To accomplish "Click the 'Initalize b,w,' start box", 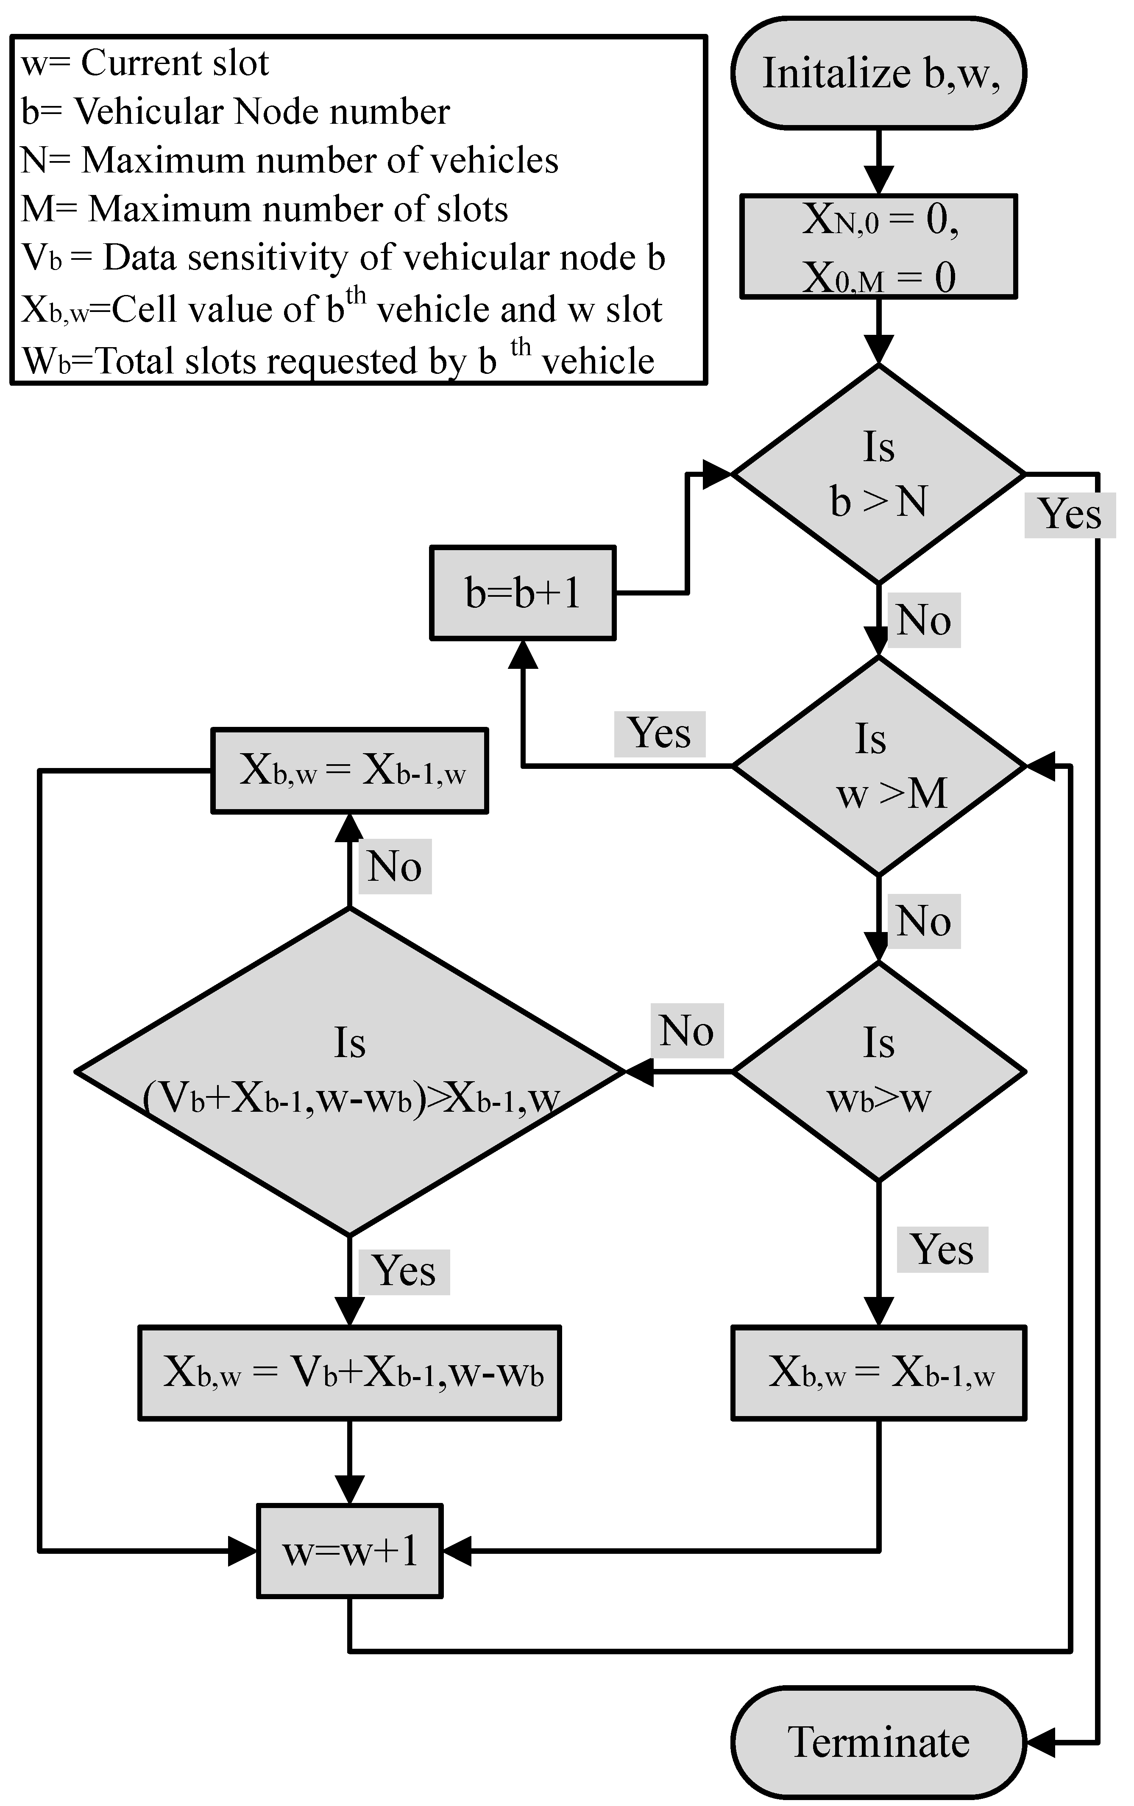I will point(878,73).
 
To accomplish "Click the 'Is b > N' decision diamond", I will point(878,474).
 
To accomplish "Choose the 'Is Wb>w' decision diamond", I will point(878,1071).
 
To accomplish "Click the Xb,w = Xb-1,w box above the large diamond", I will point(349,770).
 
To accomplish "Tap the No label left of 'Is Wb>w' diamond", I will point(686,1031).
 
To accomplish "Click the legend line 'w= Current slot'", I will point(145,63).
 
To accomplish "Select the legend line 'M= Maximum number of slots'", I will point(264,209).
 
